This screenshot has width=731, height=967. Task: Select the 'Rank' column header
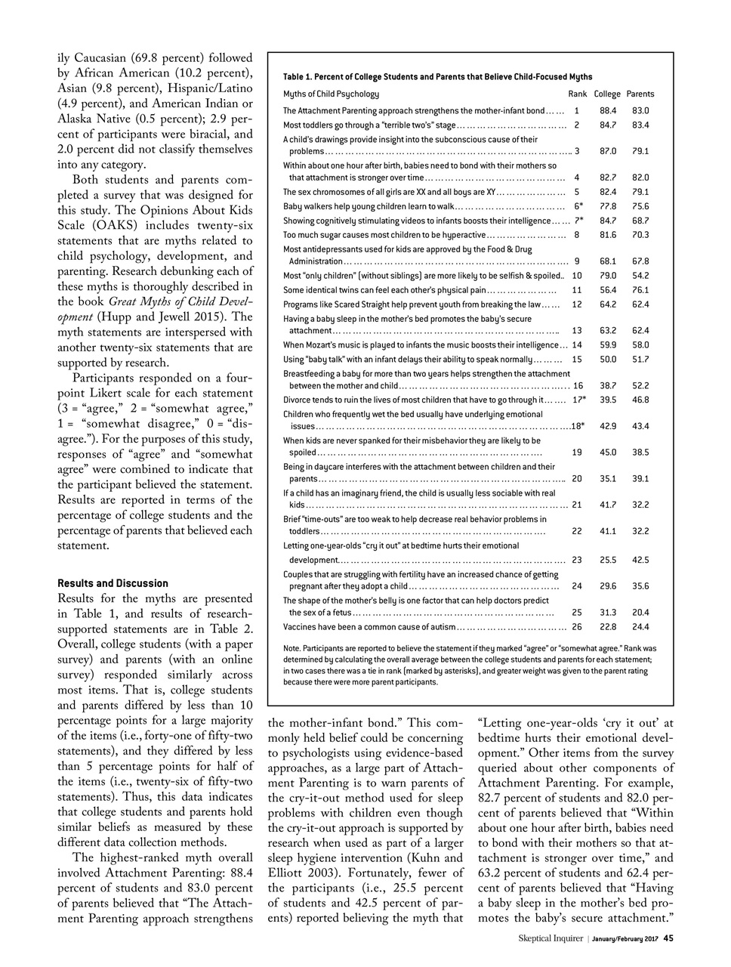[577, 94]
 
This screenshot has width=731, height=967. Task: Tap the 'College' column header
[607, 94]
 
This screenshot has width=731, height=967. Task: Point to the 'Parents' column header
[640, 94]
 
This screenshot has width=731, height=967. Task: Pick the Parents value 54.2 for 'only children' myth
[640, 276]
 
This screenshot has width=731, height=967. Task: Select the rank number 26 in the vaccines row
[577, 627]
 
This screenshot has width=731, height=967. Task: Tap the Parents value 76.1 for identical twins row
[640, 290]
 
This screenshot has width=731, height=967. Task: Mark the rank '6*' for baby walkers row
[578, 206]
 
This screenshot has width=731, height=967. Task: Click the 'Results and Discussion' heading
[113, 583]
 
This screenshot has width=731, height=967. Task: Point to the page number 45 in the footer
[668, 938]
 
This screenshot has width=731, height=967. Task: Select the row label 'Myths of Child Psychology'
[331, 94]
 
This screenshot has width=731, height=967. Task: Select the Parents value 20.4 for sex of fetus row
[640, 613]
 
